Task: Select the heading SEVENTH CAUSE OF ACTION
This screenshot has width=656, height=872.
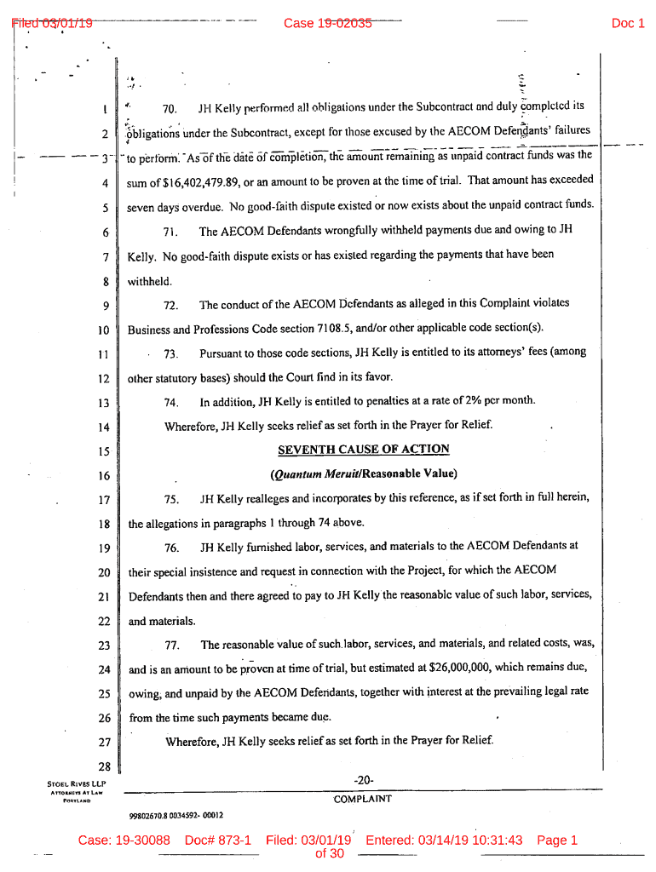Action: pos(364,450)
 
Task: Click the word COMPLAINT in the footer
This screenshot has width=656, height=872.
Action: pos(362,799)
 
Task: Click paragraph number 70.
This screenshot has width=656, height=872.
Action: pos(169,109)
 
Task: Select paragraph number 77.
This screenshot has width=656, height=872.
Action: pos(171,645)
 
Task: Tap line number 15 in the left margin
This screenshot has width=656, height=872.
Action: pos(104,451)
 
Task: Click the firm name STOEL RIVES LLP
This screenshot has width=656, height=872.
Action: pos(77,783)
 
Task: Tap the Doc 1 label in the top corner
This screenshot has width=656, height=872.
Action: pos(628,23)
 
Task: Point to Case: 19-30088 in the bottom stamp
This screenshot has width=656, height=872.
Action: pos(124,840)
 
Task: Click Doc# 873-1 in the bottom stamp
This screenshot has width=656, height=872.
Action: pos(218,840)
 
